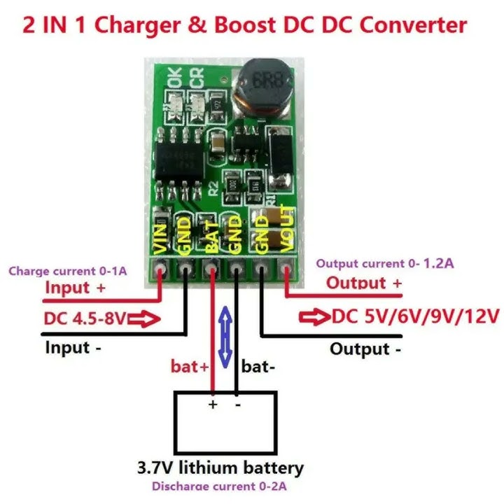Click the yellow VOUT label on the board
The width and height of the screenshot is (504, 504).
coord(284,228)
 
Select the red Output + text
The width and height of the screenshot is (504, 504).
coord(365,283)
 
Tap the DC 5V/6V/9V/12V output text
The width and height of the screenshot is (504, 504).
coord(416,316)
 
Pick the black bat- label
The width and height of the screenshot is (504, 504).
coord(256,366)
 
